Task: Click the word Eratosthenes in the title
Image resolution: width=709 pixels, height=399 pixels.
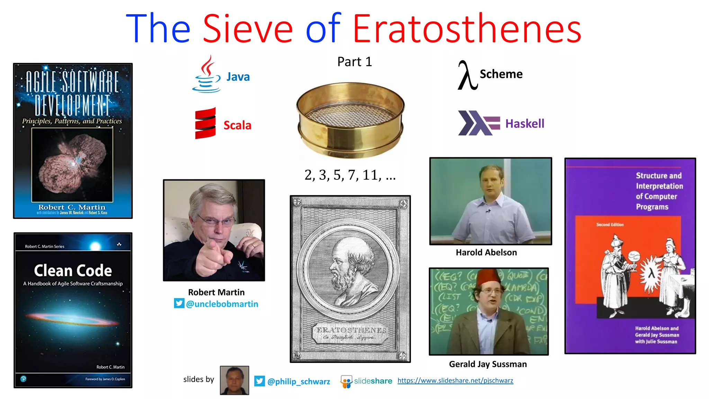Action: (x=467, y=28)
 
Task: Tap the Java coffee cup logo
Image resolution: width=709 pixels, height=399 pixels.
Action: (x=206, y=74)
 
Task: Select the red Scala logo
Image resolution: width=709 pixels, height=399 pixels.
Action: (x=205, y=123)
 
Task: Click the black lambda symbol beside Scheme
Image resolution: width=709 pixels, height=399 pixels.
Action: (x=467, y=75)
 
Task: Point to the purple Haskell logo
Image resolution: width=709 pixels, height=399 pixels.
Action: (x=478, y=123)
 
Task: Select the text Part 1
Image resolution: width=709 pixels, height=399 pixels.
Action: (x=354, y=62)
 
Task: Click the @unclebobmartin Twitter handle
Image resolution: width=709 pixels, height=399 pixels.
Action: (x=222, y=304)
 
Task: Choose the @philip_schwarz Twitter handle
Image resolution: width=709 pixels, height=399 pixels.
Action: (x=298, y=381)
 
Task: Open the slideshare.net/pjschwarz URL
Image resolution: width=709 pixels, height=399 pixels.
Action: (x=455, y=381)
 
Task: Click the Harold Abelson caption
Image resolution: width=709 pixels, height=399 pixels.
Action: (x=486, y=252)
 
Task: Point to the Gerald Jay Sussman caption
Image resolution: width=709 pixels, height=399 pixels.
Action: (x=488, y=364)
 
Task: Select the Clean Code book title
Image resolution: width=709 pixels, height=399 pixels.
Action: (x=73, y=271)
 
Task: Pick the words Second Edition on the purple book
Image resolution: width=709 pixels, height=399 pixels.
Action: (x=610, y=224)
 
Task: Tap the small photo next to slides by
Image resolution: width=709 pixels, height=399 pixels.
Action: (x=234, y=380)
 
